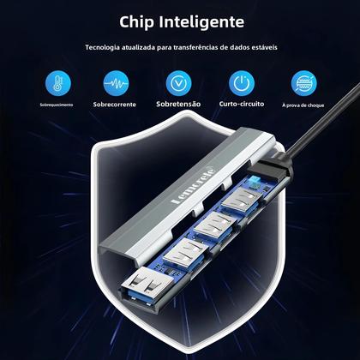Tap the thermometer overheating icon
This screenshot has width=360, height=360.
tap(56, 82)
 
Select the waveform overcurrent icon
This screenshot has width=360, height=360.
tap(117, 82)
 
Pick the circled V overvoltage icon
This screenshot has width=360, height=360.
tap(178, 82)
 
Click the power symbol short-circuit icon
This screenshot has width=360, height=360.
tap(240, 82)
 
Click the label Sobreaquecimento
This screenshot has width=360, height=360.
tap(56, 105)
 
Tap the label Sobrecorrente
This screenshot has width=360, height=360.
tap(117, 105)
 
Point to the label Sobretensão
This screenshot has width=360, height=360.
tap(178, 105)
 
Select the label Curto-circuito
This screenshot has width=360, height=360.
tap(240, 105)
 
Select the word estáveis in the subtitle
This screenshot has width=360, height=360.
tap(261, 48)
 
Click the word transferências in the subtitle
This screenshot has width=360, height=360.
tap(196, 48)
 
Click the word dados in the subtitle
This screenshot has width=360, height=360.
tap(237, 48)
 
